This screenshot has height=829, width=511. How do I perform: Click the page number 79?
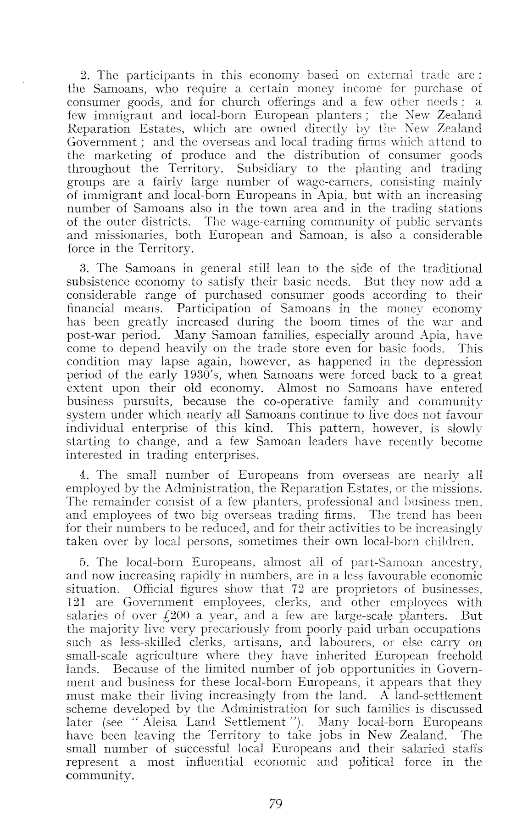click(275, 803)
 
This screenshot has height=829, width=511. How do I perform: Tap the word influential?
click(214, 762)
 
